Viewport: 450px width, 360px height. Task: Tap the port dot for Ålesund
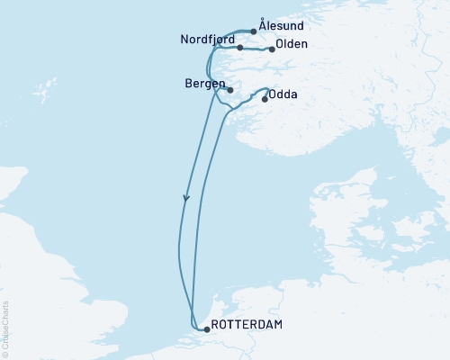[x=253, y=31]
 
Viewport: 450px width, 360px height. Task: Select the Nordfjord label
[x=208, y=41]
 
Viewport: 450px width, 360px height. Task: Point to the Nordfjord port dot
[x=239, y=48]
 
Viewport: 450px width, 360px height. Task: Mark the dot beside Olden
[x=272, y=49]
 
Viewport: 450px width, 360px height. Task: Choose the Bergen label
[x=204, y=82]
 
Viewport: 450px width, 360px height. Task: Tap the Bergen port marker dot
[x=230, y=90]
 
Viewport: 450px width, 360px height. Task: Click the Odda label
[x=283, y=94]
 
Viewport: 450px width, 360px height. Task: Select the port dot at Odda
[x=264, y=100]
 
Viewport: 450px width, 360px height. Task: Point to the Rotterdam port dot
[x=207, y=329]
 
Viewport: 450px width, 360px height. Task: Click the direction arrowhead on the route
[x=186, y=199]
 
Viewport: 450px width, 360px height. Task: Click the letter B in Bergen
[x=186, y=82]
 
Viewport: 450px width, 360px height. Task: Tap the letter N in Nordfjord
[x=184, y=41]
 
